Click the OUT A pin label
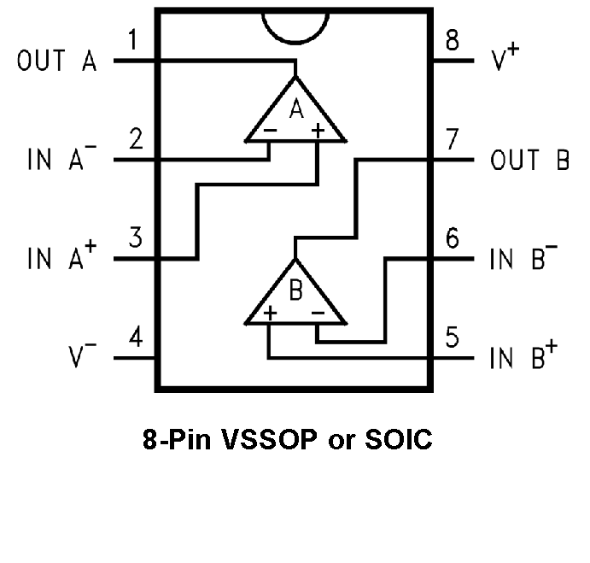pyautogui.click(x=56, y=62)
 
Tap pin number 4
pyautogui.click(x=134, y=337)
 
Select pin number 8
pyautogui.click(x=452, y=39)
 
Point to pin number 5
pyautogui.click(x=453, y=337)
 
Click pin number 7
pyautogui.click(x=453, y=138)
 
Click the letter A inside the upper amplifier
pyautogui.click(x=296, y=108)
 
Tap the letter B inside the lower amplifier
pyautogui.click(x=295, y=292)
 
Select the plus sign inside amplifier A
pyautogui.click(x=318, y=131)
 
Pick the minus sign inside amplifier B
pyautogui.click(x=318, y=314)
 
